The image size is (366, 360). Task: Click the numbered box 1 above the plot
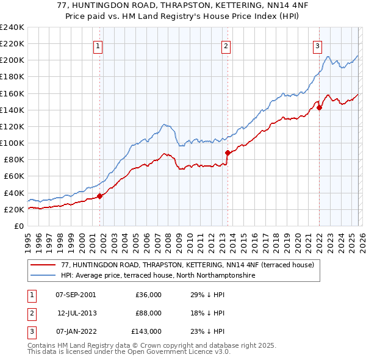(98, 45)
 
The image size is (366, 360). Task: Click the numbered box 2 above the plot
(226, 45)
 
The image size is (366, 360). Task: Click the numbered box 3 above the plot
(318, 45)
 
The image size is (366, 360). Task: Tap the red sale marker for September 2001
(99, 196)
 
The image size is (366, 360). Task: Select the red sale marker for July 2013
(227, 153)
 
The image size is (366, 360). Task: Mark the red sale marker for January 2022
(319, 107)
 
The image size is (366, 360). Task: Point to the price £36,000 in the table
(148, 294)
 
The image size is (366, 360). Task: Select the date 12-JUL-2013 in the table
(77, 313)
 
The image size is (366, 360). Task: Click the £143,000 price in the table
(146, 332)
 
